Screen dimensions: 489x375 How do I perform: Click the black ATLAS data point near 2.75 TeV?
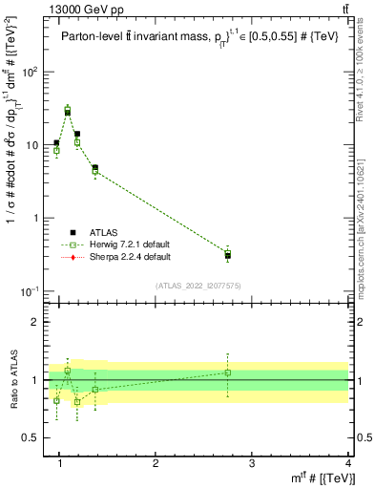tap(227, 256)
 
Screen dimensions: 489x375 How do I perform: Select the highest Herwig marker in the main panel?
tap(68, 109)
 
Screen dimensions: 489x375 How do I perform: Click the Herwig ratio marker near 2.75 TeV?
tap(227, 372)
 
